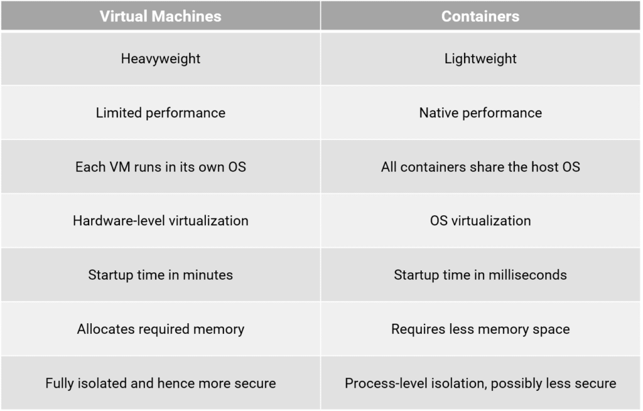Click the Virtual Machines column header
(160, 16)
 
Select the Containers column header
(480, 16)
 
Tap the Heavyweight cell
(160, 59)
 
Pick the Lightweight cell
(480, 59)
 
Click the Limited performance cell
(160, 113)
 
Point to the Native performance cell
(480, 113)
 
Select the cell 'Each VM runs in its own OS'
(160, 167)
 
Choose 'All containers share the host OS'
(480, 167)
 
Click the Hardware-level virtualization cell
(160, 221)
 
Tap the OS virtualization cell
(480, 221)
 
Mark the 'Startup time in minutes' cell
(160, 275)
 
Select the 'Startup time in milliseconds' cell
(480, 275)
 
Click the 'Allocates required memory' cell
(160, 329)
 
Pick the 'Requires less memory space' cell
(480, 329)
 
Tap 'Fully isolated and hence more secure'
(160, 383)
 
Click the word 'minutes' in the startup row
(209, 275)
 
